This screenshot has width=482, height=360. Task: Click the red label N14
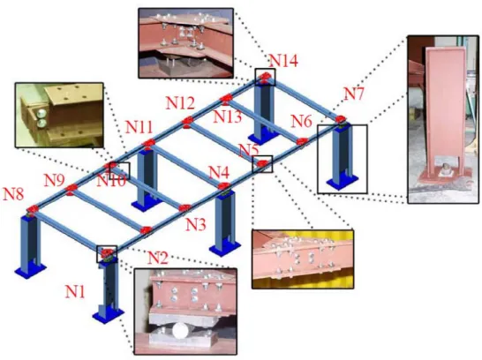tap(283, 61)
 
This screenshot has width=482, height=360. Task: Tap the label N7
tap(353, 94)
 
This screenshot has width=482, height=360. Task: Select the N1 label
tap(75, 291)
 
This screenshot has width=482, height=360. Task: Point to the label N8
tap(13, 194)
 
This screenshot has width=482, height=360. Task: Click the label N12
tap(180, 103)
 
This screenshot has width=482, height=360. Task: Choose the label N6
tap(302, 121)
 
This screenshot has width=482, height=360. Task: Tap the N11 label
tap(139, 127)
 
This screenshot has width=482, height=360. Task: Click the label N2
tap(158, 258)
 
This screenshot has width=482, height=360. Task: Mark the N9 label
tap(55, 180)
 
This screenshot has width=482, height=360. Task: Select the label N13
tap(228, 116)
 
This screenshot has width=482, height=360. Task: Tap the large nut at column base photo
tap(446, 169)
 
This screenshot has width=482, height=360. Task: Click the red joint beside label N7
tap(340, 119)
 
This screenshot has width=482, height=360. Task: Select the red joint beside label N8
tap(32, 209)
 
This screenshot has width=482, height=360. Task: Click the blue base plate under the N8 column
tap(30, 270)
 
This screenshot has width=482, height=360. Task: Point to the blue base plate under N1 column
tap(109, 315)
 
